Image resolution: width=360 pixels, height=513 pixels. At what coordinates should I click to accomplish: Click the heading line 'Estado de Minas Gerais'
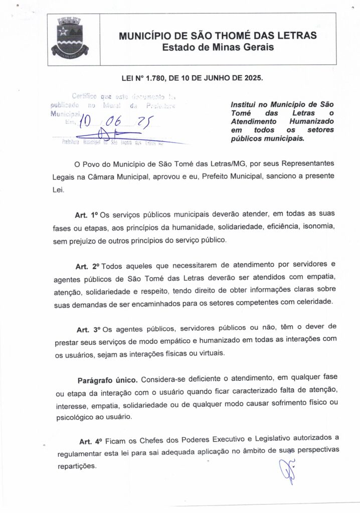(x=218, y=47)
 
